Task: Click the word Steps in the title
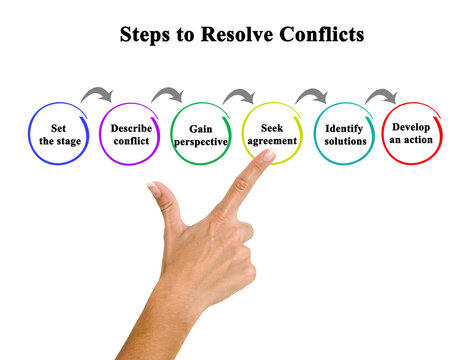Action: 142,35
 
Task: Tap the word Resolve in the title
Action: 228,35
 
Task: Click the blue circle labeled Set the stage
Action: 57,134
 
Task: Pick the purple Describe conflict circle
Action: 129,134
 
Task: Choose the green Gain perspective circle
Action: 200,134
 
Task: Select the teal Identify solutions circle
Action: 344,134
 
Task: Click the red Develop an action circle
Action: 413,134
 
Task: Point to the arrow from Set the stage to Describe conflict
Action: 95,95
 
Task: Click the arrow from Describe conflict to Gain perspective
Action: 166,95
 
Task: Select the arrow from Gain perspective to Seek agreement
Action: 238,95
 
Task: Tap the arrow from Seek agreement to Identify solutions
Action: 310,95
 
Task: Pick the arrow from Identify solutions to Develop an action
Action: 380,95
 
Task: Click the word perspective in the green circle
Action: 200,142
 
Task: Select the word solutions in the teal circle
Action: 344,142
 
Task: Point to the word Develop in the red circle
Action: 411,127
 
